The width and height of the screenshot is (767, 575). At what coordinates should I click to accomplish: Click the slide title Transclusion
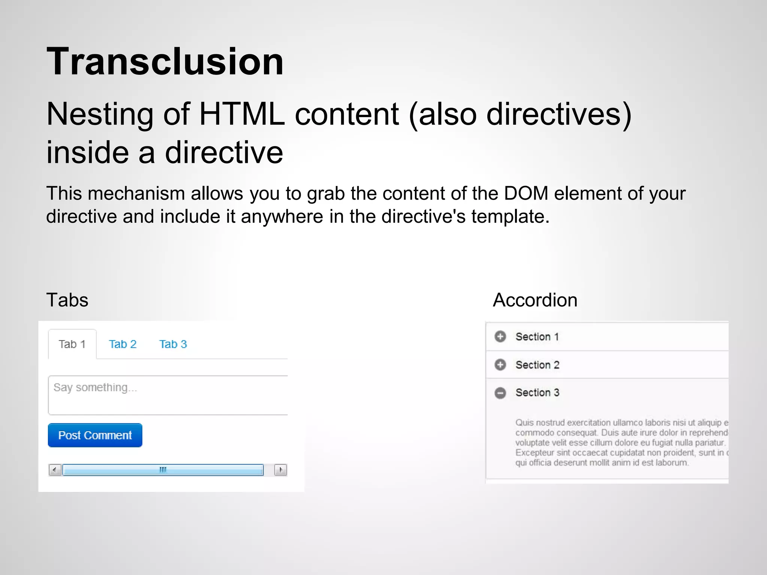[165, 61]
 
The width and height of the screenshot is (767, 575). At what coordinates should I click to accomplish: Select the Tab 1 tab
[72, 344]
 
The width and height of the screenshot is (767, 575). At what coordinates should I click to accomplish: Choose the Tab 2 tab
[122, 344]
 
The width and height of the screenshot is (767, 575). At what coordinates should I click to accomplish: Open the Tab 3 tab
[173, 344]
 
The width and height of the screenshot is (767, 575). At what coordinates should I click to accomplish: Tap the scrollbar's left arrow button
[55, 470]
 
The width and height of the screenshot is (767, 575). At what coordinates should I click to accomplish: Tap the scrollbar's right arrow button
[281, 470]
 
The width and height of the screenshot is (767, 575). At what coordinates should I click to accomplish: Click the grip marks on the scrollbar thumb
[163, 470]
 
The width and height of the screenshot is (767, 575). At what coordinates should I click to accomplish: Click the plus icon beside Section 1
[500, 337]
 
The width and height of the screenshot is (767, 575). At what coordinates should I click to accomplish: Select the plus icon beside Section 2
[500, 364]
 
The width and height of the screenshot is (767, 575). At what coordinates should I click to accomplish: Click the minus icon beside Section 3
[500, 393]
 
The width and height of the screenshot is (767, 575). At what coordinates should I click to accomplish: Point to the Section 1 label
[537, 337]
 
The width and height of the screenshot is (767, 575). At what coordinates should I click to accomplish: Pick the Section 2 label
[537, 365]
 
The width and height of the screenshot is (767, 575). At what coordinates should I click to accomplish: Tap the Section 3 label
[537, 392]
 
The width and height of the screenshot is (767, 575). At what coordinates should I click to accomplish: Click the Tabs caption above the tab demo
[67, 300]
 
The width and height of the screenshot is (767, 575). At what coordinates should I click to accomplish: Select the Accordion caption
[535, 300]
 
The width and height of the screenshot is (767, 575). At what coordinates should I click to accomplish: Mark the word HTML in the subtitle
[242, 114]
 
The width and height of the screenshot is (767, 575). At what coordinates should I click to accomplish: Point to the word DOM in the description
[526, 194]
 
